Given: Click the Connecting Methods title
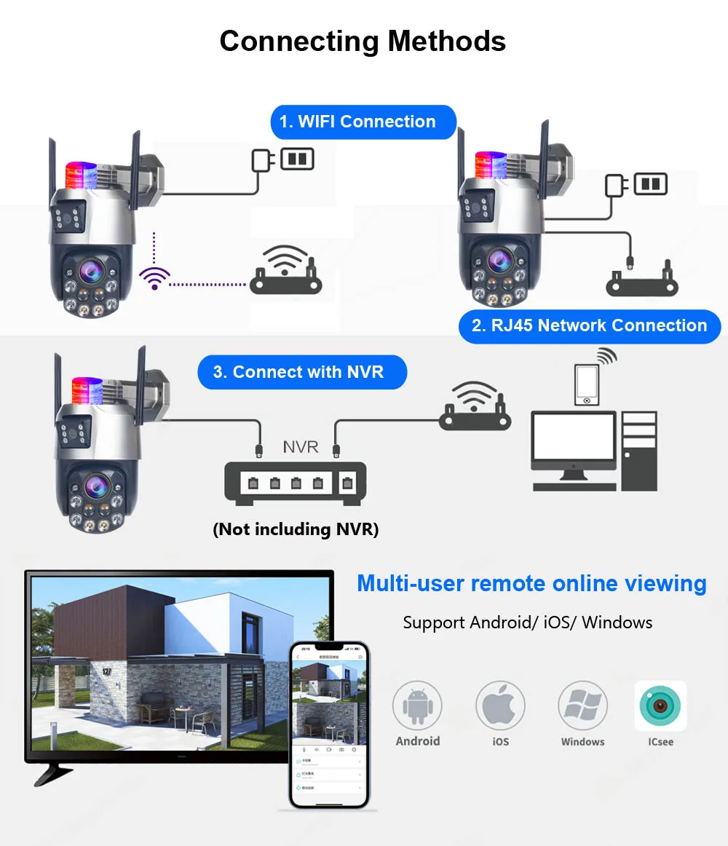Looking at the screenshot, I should tap(363, 41).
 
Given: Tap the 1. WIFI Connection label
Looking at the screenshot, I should tap(363, 122).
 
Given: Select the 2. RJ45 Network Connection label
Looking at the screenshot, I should tap(589, 325).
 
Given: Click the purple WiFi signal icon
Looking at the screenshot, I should tap(154, 277).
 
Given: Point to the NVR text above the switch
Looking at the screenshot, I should tap(300, 446).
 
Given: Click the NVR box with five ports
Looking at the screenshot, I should tap(295, 483).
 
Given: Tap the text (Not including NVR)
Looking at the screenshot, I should tap(296, 529).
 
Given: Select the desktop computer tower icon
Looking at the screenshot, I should tap(640, 450).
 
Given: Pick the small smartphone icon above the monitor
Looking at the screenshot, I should tap(587, 383).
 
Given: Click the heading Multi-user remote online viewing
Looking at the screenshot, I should tap(531, 583).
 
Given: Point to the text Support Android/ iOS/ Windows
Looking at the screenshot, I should tap(528, 622).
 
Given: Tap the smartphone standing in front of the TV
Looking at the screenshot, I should tap(328, 725).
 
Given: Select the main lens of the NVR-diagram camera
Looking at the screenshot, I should tap(95, 485).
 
